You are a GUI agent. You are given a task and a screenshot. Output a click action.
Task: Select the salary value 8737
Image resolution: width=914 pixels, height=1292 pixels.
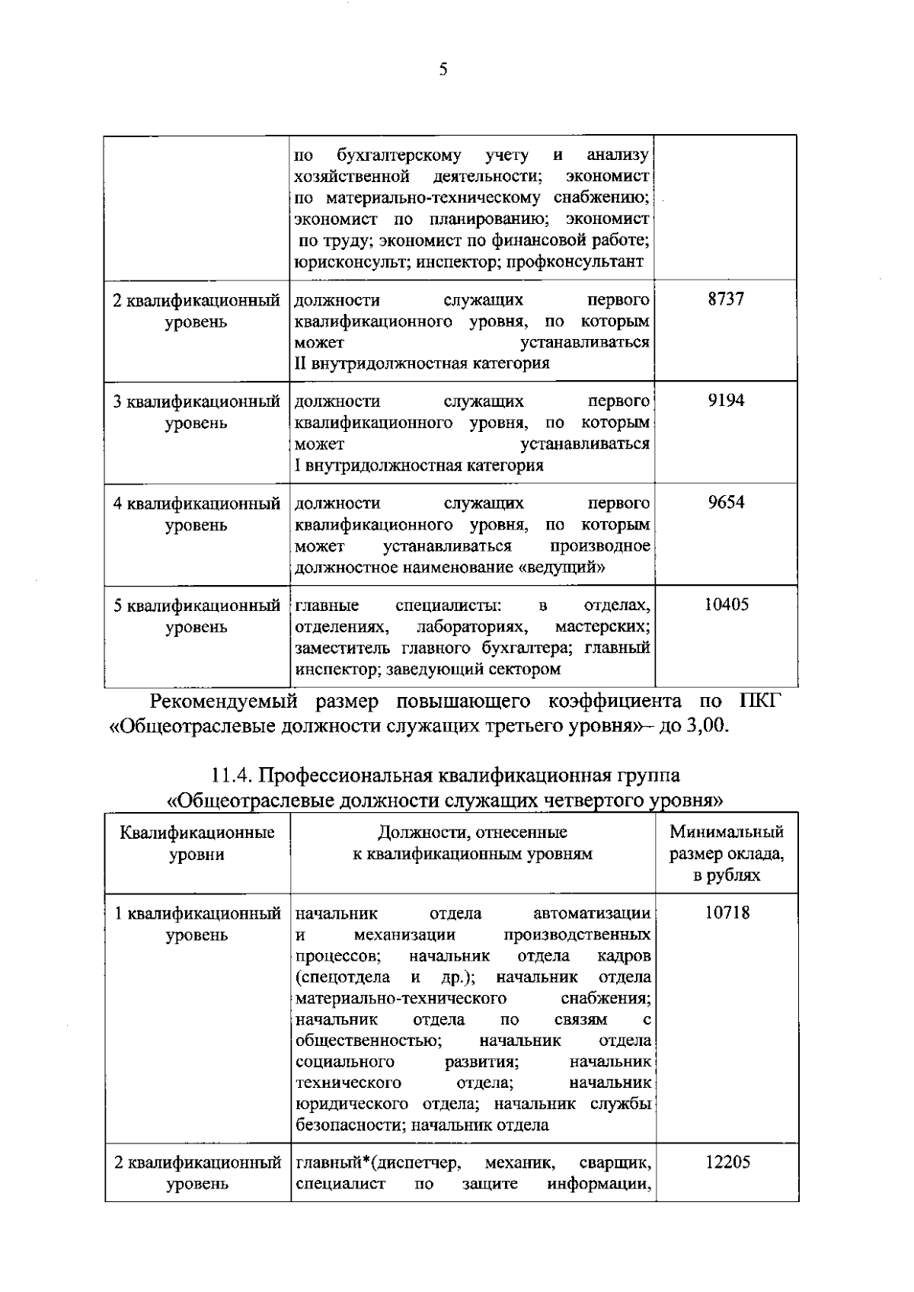click(x=725, y=299)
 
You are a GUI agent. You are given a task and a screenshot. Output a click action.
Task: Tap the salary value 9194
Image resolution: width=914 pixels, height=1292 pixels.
click(x=725, y=401)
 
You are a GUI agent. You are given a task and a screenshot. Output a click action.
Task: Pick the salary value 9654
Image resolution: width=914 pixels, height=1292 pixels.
click(x=725, y=503)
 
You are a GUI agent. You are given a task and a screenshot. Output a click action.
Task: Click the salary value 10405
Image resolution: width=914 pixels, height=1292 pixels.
click(x=726, y=605)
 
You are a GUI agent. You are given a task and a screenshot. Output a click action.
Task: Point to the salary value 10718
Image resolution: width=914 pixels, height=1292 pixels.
click(x=727, y=913)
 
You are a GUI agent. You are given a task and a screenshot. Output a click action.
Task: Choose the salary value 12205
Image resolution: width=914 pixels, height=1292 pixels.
click(x=727, y=1162)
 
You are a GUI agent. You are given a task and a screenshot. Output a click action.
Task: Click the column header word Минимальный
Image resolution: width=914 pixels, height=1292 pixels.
click(x=727, y=832)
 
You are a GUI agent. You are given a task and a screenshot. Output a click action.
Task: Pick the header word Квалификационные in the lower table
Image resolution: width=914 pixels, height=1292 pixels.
click(x=197, y=832)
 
